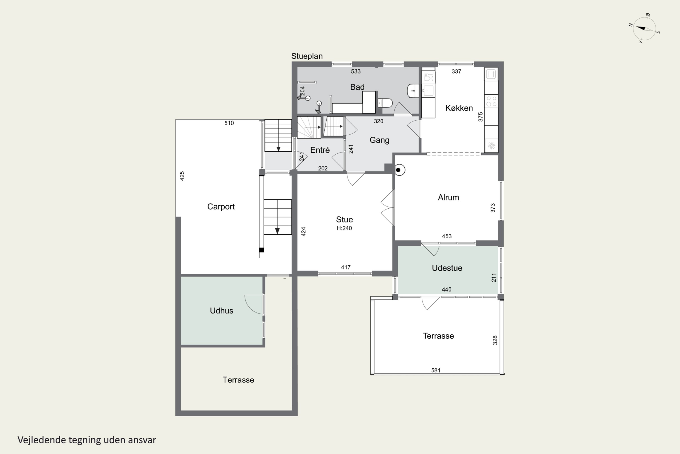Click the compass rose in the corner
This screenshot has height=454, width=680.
point(644,29)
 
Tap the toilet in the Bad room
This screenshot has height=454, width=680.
point(385,103)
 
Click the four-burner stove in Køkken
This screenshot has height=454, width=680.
point(491,101)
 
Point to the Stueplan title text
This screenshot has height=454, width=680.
point(307,56)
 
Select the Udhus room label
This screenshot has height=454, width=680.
point(221,311)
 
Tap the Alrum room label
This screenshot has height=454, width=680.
point(448,197)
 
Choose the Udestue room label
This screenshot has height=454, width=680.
point(447,268)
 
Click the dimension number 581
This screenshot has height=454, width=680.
point(436,370)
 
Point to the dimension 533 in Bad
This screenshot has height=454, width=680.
point(356,72)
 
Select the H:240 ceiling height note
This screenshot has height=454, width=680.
point(344,228)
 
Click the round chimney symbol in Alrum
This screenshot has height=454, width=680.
point(399,170)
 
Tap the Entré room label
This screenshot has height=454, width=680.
point(320,150)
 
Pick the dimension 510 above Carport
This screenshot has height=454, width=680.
point(229,123)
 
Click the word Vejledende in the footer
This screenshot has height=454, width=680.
point(42,440)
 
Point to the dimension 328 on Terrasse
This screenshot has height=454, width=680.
point(495,340)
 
